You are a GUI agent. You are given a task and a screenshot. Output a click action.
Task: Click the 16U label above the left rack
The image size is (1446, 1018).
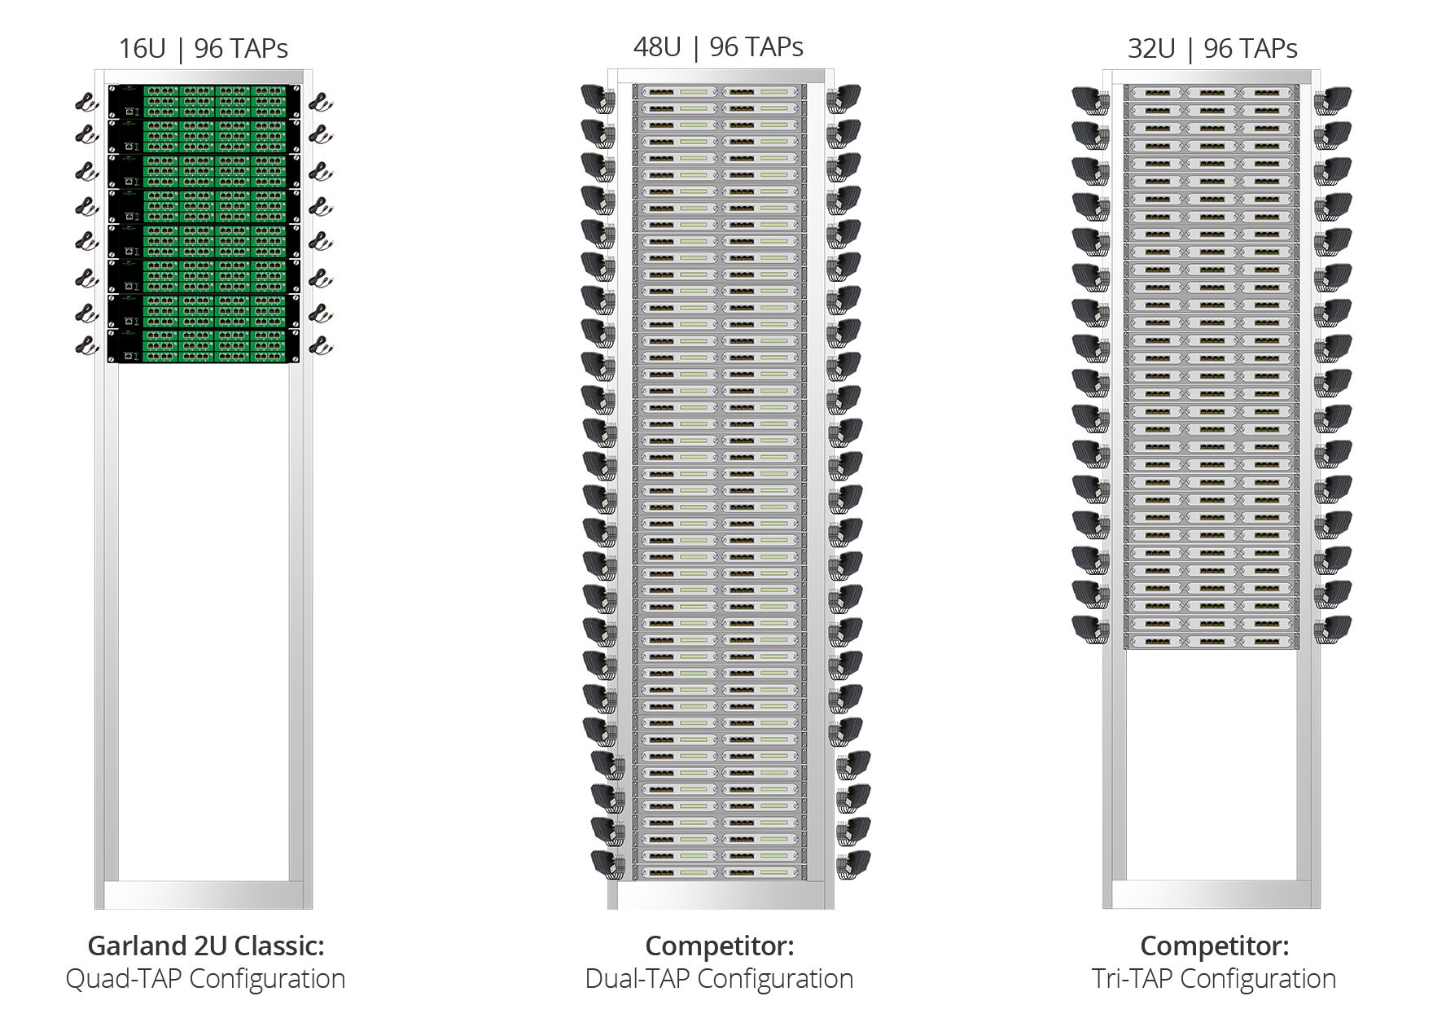[x=142, y=49]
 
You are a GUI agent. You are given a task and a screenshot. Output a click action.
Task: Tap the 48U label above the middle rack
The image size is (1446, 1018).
[x=656, y=47]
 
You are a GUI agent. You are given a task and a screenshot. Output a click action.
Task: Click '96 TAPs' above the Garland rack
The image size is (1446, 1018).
[x=241, y=49]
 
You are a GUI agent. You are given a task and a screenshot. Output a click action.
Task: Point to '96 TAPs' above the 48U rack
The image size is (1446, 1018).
[x=756, y=47]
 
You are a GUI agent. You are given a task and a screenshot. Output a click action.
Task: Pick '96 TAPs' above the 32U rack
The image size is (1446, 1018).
[x=1251, y=49]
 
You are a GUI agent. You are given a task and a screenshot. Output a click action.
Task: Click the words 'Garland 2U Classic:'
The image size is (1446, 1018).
[x=206, y=946]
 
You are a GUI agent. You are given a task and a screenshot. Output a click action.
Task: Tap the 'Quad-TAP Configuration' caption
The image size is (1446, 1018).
[x=205, y=978]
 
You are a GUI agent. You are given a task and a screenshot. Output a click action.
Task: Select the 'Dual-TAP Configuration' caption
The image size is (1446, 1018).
[x=720, y=978]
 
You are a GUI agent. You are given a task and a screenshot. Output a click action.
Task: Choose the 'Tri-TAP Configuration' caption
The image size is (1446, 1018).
[x=1214, y=978]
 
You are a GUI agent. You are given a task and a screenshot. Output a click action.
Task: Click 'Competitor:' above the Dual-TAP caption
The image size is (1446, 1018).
[x=720, y=946]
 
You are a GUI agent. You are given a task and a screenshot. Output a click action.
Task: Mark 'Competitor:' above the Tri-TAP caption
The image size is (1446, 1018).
[x=1214, y=946]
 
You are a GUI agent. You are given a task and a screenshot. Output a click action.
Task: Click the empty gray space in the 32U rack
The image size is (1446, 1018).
[x=1212, y=774]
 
